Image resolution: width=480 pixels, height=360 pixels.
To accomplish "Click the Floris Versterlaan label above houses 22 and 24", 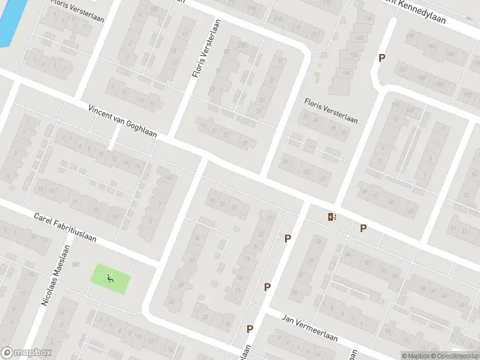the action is [331, 111].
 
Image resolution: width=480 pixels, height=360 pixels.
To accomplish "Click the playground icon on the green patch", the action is [109, 278].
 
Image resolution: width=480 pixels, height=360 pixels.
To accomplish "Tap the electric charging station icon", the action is [331, 217].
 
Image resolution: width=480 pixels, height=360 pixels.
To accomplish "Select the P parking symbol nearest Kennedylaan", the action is [381, 58].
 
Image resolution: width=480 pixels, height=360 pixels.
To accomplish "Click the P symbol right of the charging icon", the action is [363, 228].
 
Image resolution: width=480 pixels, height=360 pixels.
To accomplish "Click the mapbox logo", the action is [26, 353].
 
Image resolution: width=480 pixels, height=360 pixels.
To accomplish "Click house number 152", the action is [354, 55].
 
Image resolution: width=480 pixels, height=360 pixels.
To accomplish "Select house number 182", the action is [431, 46].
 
